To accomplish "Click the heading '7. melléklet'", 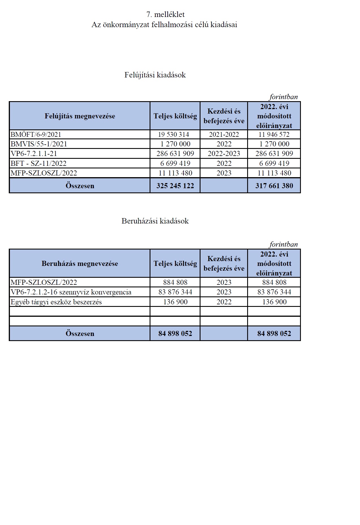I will pyautogui.click(x=165, y=14).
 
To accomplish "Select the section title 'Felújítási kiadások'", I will pyautogui.click(x=155, y=75).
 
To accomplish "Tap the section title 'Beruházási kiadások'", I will pyautogui.click(x=155, y=221).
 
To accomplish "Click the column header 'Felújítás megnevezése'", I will pyautogui.click(x=80, y=116).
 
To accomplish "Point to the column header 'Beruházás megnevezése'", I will pyautogui.click(x=80, y=264).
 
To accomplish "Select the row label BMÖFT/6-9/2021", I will pyautogui.click(x=36, y=134).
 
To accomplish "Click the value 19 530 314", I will pyautogui.click(x=175, y=134).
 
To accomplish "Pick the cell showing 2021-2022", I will pyautogui.click(x=224, y=134).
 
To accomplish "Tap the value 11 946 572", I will pyautogui.click(x=274, y=134).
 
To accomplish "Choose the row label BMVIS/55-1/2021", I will pyautogui.click(x=39, y=144).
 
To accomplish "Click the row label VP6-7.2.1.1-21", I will pyautogui.click(x=34, y=154).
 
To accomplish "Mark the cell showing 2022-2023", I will pyautogui.click(x=224, y=154).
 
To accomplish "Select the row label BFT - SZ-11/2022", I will pyautogui.click(x=38, y=163).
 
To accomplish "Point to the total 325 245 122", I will pyautogui.click(x=175, y=186).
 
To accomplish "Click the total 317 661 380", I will pyautogui.click(x=274, y=186).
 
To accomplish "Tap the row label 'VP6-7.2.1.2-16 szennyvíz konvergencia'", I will pyautogui.click(x=71, y=292).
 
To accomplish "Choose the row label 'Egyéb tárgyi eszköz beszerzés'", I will pyautogui.click(x=56, y=302).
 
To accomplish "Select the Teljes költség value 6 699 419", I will pyautogui.click(x=175, y=163).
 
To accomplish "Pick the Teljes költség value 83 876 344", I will pyautogui.click(x=175, y=292).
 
